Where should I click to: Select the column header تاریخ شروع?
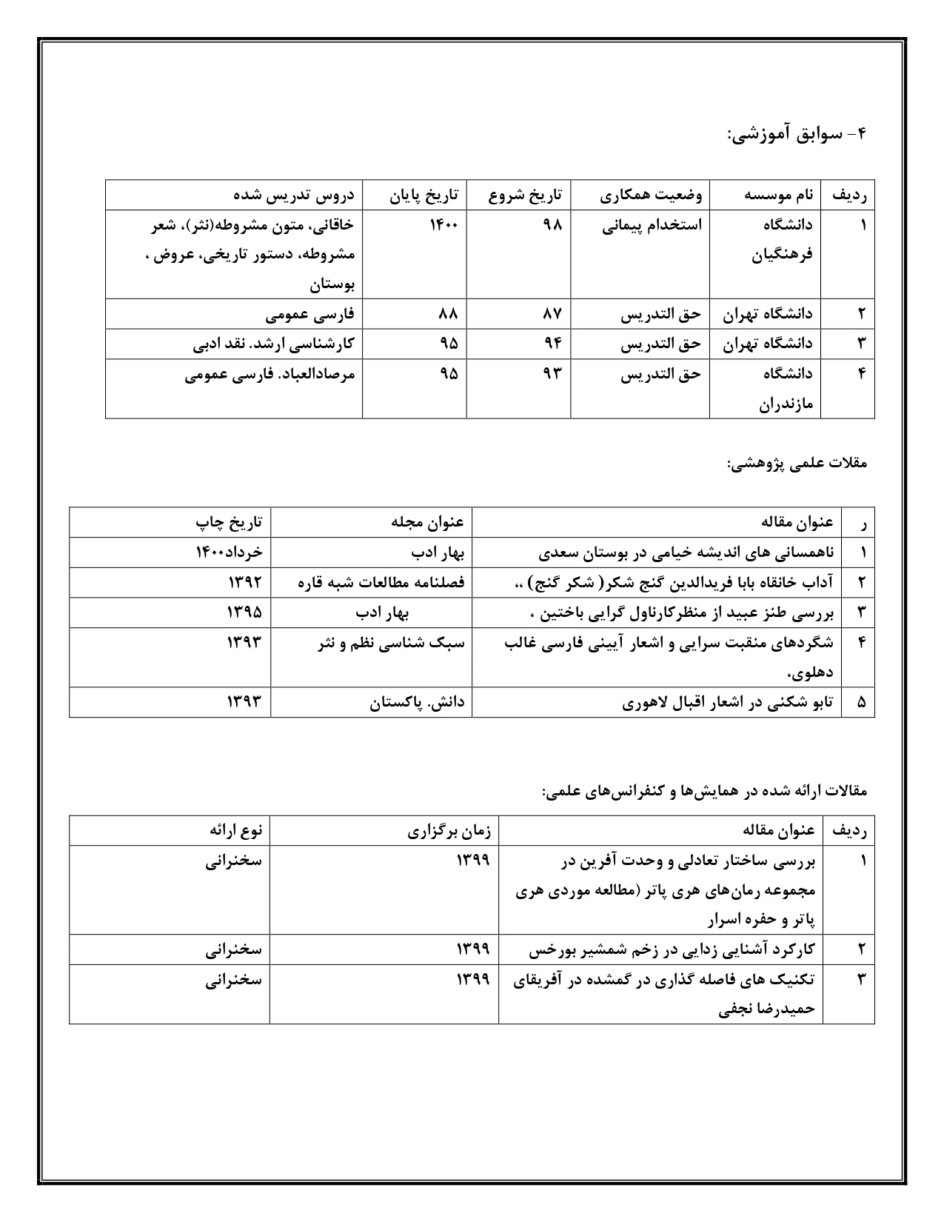[x=525, y=196]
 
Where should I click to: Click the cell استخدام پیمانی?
[x=652, y=225]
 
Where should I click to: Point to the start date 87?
[x=552, y=314]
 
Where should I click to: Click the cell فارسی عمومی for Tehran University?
[x=310, y=314]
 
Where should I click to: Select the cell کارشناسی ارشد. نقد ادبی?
[x=274, y=344]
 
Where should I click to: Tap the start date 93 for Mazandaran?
[x=552, y=374]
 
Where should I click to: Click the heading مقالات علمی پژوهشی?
[x=797, y=464]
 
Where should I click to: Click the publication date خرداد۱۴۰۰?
[x=229, y=552]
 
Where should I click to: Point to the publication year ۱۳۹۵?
[x=244, y=612]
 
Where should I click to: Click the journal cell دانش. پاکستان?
[x=418, y=703]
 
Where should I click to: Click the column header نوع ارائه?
[x=235, y=831]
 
